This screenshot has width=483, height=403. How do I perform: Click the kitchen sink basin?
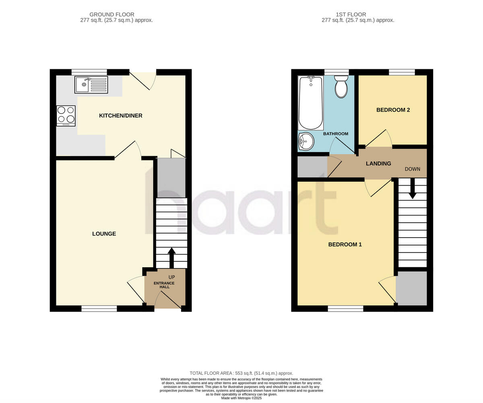click(83, 85)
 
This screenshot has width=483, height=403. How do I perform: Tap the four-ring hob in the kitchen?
click(66, 115)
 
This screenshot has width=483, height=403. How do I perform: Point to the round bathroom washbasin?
click(306, 141)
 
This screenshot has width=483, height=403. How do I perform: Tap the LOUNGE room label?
click(104, 234)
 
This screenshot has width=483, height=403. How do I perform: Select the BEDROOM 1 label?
click(345, 244)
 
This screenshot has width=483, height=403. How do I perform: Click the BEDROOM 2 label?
click(393, 110)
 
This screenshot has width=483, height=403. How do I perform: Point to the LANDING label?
click(378, 163)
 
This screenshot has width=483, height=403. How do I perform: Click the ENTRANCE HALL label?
click(164, 285)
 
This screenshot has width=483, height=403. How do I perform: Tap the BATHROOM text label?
click(336, 134)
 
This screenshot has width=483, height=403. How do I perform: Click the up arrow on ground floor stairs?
click(171, 257)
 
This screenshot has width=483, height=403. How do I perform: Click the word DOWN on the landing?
click(413, 169)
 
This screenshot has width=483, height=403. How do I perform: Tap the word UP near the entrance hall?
click(172, 277)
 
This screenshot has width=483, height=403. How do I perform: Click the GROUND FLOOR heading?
click(112, 14)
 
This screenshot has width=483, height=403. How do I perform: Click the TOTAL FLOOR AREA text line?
click(242, 373)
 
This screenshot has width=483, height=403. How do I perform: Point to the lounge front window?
click(99, 308)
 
